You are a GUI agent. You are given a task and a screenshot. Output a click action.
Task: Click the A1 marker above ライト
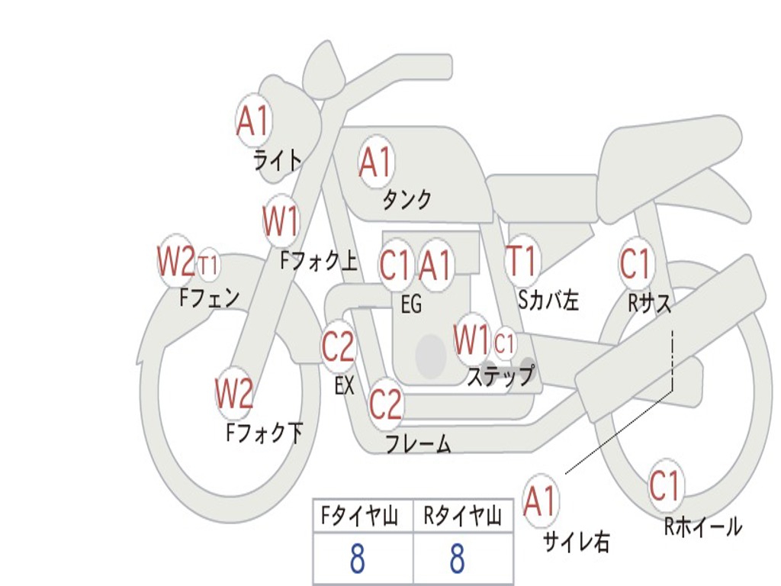(254, 121)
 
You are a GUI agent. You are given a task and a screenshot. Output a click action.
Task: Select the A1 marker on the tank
(376, 162)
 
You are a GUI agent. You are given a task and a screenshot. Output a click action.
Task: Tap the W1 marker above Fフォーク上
(281, 221)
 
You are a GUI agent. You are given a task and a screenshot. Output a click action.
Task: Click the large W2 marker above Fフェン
(176, 261)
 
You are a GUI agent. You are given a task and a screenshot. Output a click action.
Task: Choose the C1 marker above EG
(396, 264)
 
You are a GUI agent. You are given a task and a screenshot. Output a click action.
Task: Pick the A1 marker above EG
(435, 264)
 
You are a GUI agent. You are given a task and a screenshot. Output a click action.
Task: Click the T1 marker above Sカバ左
(522, 260)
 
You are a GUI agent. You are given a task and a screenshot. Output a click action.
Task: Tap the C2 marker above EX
(338, 346)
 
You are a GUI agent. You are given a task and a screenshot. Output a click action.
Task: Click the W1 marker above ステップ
(471, 340)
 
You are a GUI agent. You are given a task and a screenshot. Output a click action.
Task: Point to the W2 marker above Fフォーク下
(234, 393)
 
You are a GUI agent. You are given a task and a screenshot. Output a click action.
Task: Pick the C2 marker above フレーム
(386, 404)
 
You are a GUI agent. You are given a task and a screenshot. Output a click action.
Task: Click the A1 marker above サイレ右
(541, 501)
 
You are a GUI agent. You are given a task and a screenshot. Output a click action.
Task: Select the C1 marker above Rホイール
(665, 485)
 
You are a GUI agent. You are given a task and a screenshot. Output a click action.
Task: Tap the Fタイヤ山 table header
(359, 517)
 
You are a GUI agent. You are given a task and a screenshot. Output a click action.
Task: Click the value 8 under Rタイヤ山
(458, 558)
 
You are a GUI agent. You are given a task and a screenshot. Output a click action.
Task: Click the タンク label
(407, 199)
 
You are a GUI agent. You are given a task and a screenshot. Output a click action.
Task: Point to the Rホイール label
(702, 526)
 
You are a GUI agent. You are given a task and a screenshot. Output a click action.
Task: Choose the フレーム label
(419, 443)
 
